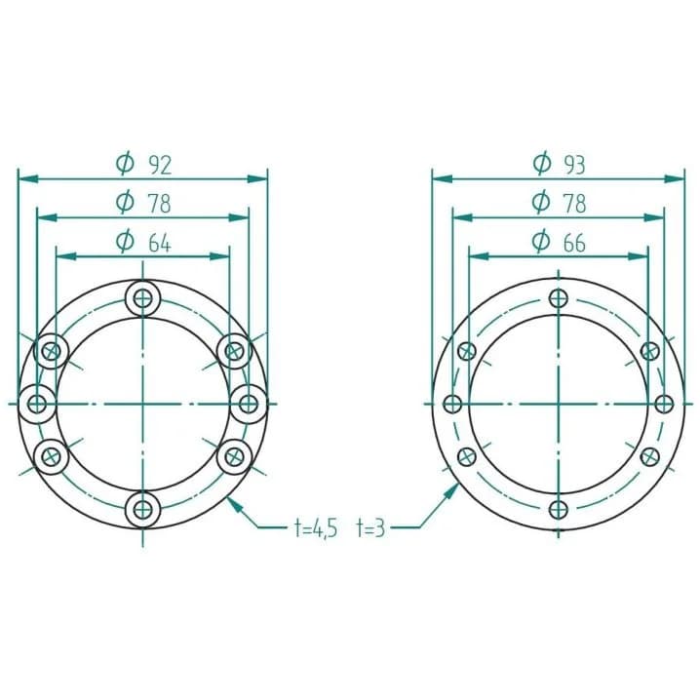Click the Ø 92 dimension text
point(143,165)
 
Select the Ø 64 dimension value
point(143,243)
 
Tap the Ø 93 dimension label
point(559,164)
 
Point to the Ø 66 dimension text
point(559,243)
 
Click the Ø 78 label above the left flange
point(143,203)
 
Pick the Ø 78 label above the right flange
point(559,203)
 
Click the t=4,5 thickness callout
point(316,528)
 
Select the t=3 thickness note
point(370,528)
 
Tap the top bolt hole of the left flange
point(143,297)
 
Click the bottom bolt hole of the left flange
point(143,509)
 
